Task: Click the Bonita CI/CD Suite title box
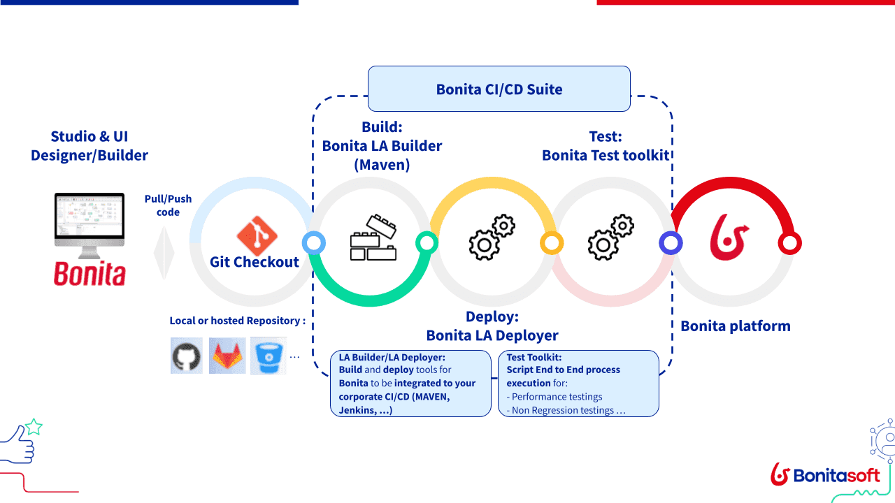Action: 499,89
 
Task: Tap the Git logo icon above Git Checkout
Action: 257,235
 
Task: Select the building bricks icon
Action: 373,239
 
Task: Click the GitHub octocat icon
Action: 186,356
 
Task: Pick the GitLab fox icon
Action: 227,356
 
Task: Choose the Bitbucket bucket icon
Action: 268,356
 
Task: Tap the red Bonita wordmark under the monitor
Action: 89,274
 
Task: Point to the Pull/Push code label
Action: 168,205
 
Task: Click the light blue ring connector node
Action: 313,243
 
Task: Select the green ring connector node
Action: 427,243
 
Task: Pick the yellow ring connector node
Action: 551,243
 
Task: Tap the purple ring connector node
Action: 671,243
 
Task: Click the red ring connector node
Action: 789,243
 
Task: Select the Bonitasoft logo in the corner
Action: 825,475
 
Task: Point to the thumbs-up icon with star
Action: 21,442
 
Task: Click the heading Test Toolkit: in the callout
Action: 534,357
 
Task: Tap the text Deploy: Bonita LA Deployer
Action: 492,326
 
